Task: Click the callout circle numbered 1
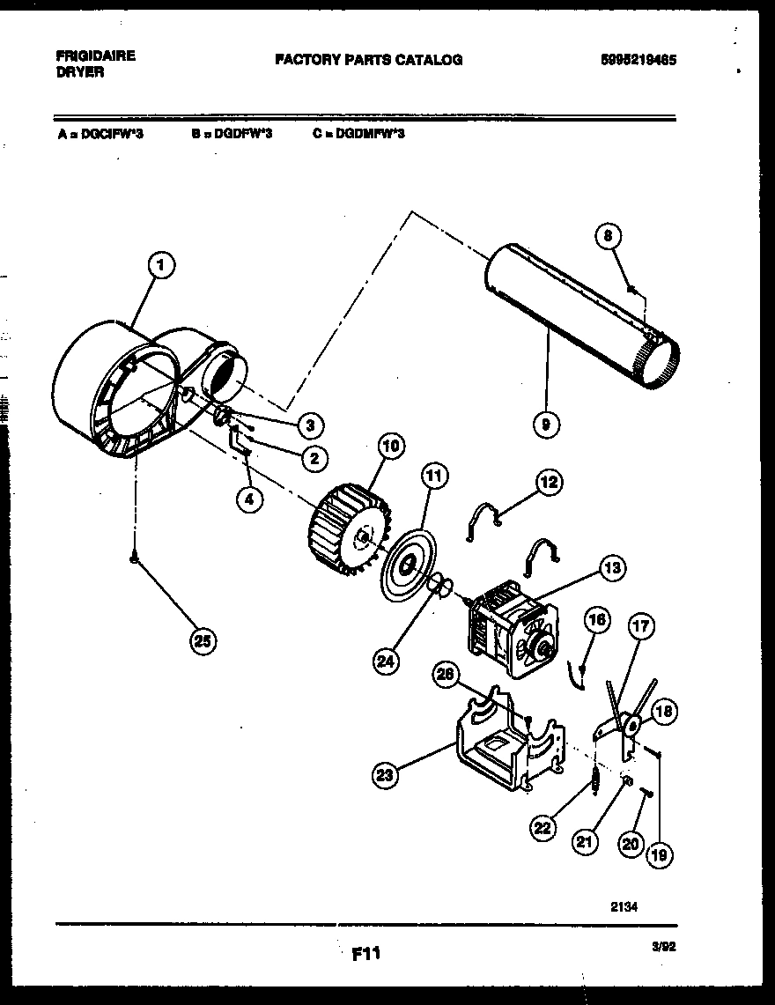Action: (160, 263)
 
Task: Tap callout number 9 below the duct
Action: (546, 425)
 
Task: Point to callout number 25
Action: (203, 641)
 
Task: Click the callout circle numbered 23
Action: (385, 775)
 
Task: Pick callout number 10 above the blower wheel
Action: (391, 446)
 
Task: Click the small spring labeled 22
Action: (594, 780)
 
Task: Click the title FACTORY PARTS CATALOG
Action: (368, 60)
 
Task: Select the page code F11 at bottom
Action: (365, 953)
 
